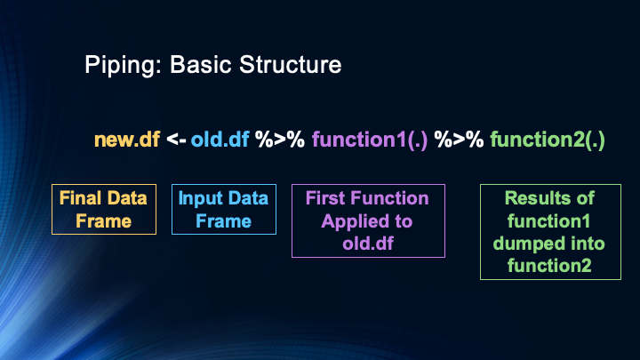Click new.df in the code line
pyautogui.click(x=127, y=140)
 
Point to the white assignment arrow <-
pyautogui.click(x=176, y=140)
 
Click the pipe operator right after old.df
pyautogui.click(x=279, y=140)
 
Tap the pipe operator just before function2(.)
pyautogui.click(x=459, y=140)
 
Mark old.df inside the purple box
pyautogui.click(x=367, y=242)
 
